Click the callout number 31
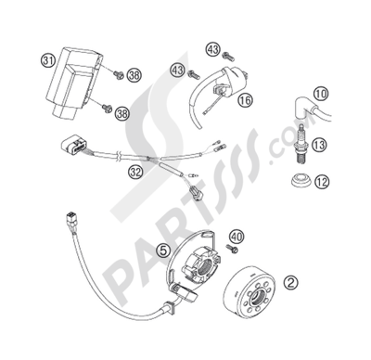click(46, 61)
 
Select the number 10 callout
click(320, 95)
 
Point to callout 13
click(320, 145)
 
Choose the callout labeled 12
click(321, 183)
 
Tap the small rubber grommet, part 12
click(298, 179)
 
